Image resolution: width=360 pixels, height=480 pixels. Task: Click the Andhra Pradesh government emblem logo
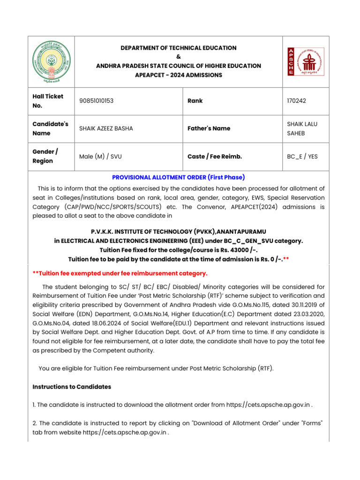50,61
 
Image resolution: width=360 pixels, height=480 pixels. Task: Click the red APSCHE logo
306,61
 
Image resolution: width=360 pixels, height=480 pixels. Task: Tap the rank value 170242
297,101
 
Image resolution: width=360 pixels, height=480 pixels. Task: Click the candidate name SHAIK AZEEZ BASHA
106,128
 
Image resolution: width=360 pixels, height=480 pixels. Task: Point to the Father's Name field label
209,128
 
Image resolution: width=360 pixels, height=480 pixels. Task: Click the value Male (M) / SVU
101,157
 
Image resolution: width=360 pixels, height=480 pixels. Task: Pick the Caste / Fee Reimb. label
215,157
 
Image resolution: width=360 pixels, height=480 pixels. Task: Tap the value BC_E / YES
302,157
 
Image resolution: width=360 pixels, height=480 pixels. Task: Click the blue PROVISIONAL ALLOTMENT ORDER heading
178,177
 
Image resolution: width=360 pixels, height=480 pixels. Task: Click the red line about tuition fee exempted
120,273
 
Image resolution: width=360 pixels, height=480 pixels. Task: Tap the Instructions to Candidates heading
72,387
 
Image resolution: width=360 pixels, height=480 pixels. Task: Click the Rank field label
195,101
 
